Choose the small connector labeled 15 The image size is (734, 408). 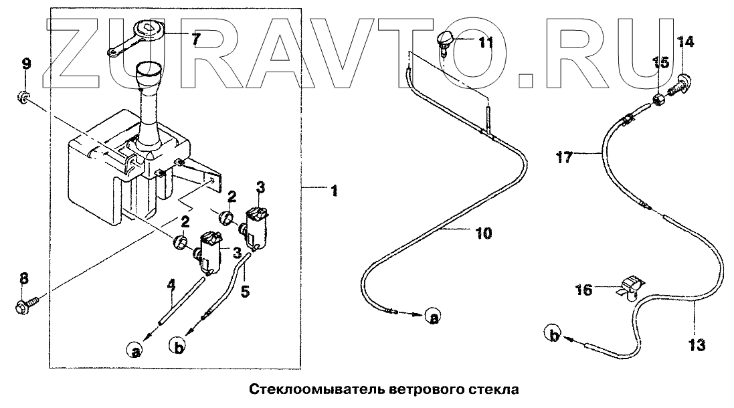click(x=658, y=100)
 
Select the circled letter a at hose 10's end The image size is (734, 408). click(x=434, y=318)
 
